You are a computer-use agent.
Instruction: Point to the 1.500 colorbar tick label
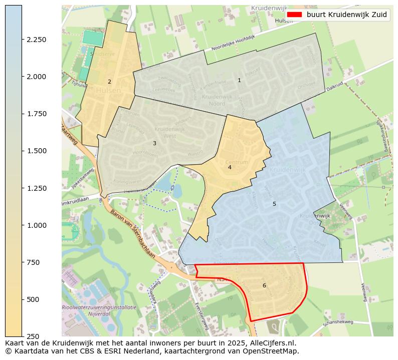pyautogui.click(x=36, y=151)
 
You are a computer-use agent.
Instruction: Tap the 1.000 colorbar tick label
pyautogui.click(x=36, y=225)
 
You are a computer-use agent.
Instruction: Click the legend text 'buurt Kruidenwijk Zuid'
pyautogui.click(x=347, y=15)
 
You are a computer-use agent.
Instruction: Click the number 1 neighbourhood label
pyautogui.click(x=239, y=80)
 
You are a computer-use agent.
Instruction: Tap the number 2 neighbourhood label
pyautogui.click(x=109, y=82)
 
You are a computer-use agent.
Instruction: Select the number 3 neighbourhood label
pyautogui.click(x=154, y=143)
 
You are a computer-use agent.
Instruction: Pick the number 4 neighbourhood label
pyautogui.click(x=230, y=167)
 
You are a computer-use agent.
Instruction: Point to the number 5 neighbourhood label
pyautogui.click(x=274, y=204)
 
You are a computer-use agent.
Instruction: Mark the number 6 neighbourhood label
pyautogui.click(x=264, y=285)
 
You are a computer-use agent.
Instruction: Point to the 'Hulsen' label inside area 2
pyautogui.click(x=108, y=91)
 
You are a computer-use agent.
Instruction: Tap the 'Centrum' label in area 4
pyautogui.click(x=237, y=162)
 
